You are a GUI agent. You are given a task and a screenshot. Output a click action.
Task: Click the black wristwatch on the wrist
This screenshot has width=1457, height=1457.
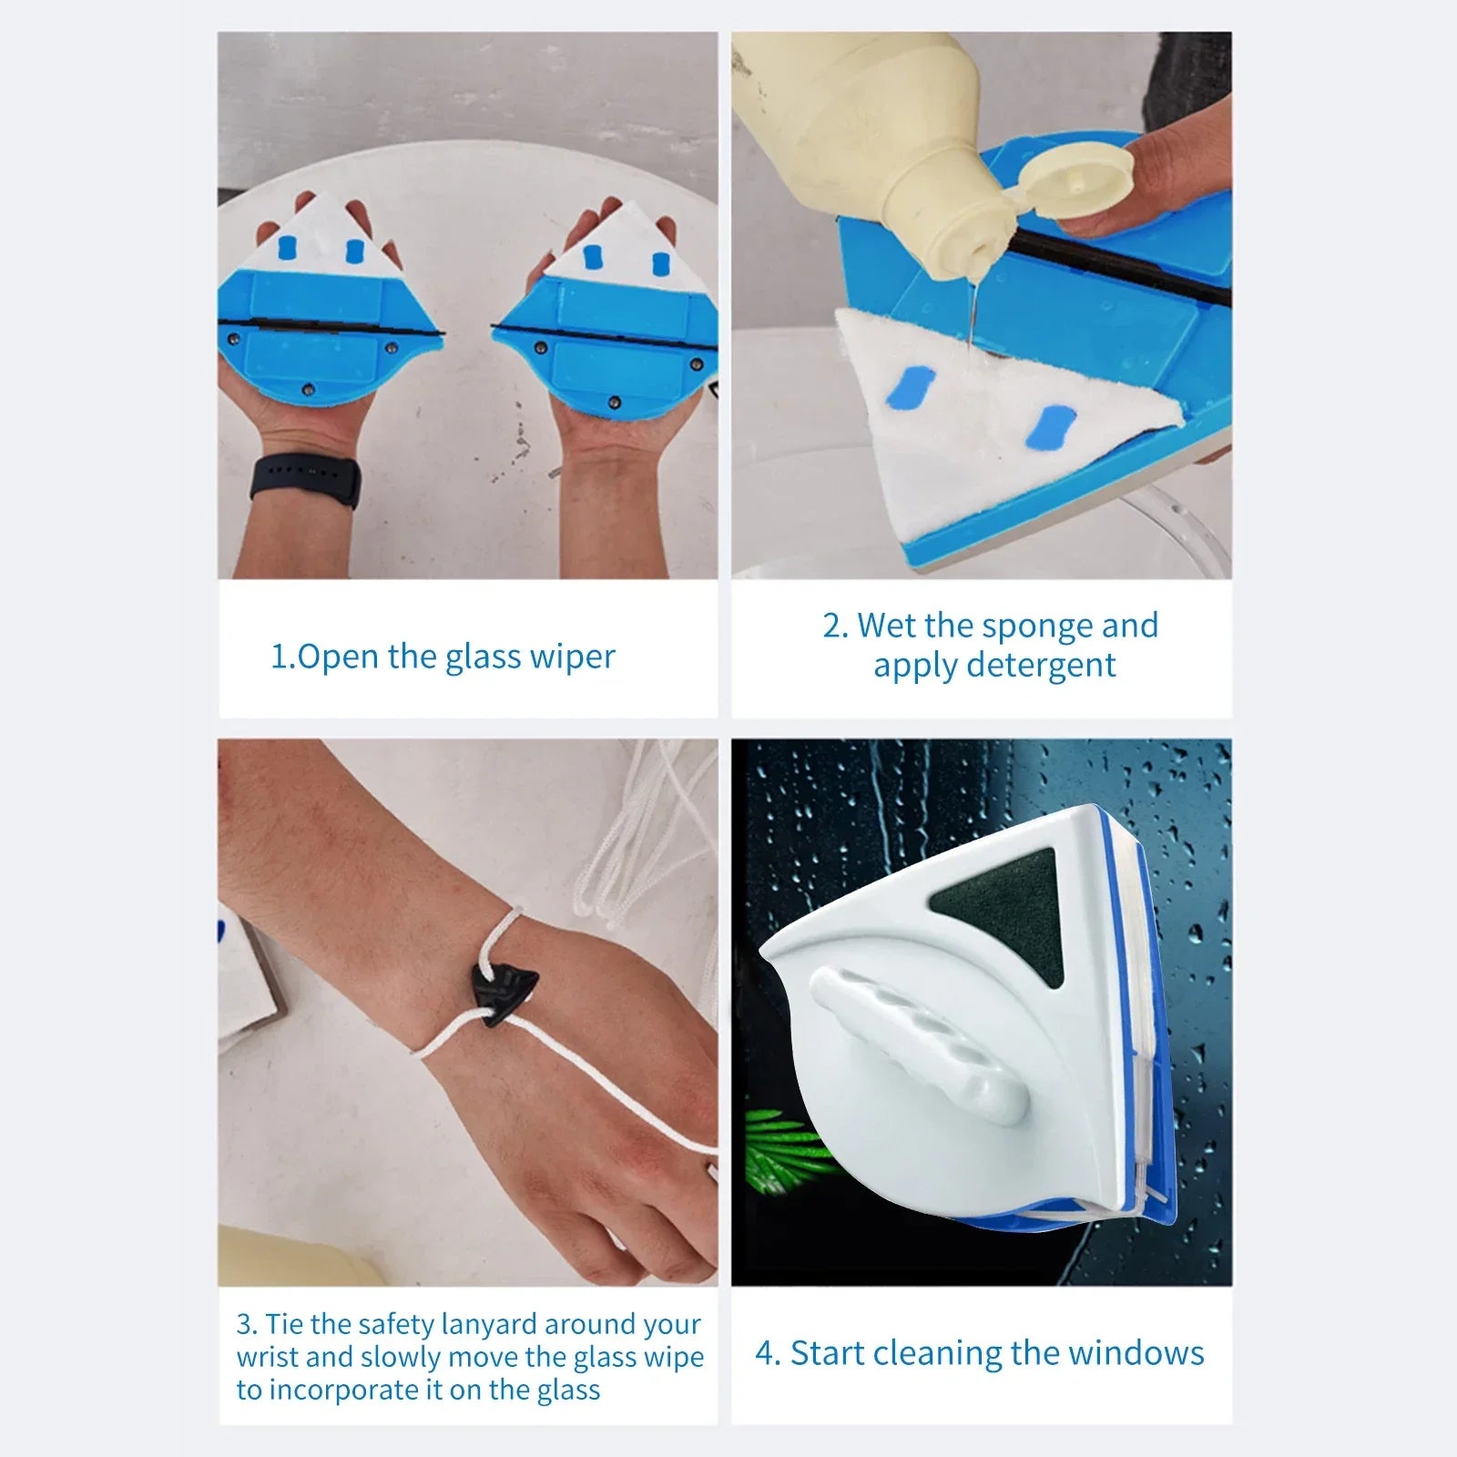tap(305, 478)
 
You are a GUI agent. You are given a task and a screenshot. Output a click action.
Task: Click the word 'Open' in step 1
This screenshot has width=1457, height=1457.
tap(337, 657)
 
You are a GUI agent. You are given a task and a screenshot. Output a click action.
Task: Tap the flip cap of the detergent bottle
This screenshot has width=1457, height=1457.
tap(1079, 187)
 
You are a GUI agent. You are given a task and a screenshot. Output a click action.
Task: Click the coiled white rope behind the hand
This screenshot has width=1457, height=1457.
tap(637, 847)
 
